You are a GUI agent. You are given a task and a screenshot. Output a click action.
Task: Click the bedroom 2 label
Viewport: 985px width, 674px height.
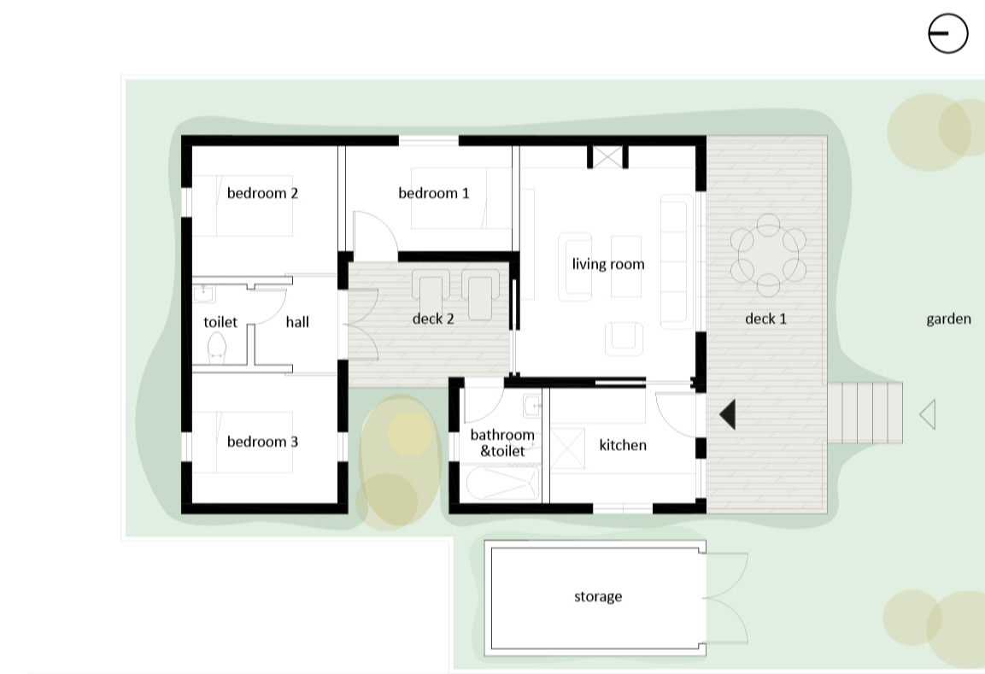click(262, 193)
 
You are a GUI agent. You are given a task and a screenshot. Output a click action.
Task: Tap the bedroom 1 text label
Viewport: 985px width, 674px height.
click(433, 193)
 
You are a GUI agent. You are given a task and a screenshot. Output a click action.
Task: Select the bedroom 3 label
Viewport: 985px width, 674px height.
click(262, 442)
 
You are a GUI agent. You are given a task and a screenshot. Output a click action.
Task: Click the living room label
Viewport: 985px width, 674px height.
click(608, 264)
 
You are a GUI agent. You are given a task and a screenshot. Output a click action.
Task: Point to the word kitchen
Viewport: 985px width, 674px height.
click(623, 445)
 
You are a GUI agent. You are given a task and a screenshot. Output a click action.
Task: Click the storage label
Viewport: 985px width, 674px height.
click(598, 596)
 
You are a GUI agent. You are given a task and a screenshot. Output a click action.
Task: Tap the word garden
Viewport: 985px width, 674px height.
click(948, 319)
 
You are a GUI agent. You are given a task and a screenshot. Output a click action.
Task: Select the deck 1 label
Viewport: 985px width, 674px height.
click(765, 319)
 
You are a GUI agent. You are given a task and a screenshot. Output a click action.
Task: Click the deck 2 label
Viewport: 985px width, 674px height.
click(433, 319)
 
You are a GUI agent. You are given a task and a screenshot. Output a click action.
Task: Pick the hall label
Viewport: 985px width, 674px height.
click(297, 321)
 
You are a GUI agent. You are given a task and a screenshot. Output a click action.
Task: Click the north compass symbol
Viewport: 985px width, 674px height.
click(948, 33)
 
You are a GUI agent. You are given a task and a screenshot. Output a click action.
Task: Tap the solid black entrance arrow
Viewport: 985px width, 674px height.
click(728, 414)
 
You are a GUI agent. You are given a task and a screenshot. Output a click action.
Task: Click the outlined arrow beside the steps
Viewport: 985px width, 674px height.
click(927, 414)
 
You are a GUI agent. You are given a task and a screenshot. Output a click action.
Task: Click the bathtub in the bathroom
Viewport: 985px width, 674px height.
click(502, 484)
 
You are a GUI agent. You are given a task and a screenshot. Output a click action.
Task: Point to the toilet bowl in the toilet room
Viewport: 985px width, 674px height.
click(217, 349)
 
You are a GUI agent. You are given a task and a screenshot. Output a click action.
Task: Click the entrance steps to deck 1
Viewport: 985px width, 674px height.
click(865, 413)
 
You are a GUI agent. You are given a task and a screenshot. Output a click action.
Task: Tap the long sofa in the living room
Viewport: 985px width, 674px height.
click(677, 261)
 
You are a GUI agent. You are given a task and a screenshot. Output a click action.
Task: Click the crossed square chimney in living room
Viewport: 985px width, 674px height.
click(607, 157)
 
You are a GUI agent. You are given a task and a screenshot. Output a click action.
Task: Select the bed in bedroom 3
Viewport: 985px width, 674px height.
click(243, 442)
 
